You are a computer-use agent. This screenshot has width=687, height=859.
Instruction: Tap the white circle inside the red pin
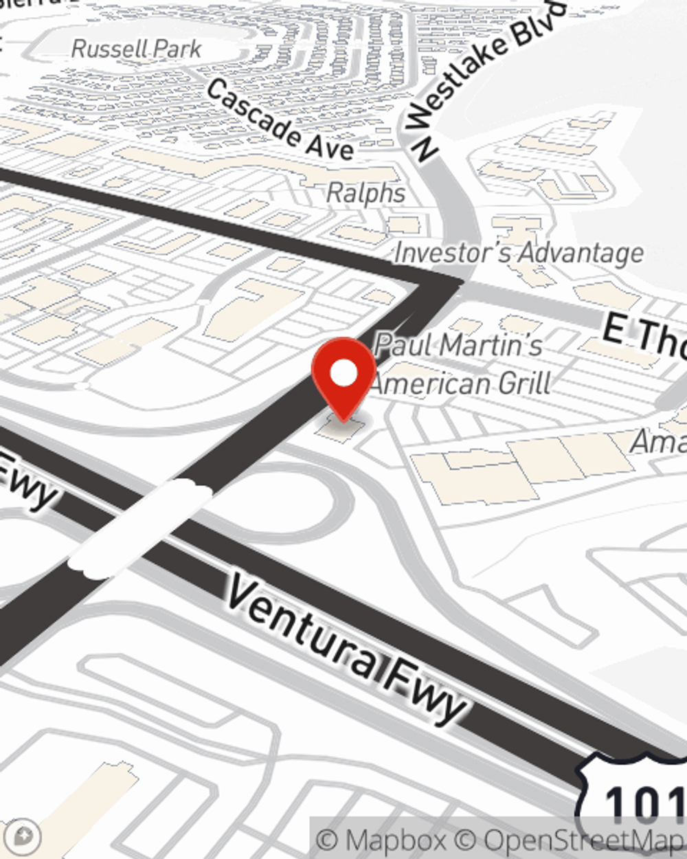(x=344, y=374)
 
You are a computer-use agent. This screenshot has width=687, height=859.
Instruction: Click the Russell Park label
(x=136, y=49)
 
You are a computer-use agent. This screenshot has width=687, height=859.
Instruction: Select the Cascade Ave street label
(x=280, y=120)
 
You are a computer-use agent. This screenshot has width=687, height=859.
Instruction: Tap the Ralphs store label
(x=365, y=193)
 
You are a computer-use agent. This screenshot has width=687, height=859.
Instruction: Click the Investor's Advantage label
(x=519, y=253)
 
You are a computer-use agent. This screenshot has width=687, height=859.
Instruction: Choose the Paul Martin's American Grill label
(x=460, y=364)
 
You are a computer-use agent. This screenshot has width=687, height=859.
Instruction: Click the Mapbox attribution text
(x=382, y=840)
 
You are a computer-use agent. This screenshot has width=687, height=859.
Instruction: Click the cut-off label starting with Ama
(x=658, y=440)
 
